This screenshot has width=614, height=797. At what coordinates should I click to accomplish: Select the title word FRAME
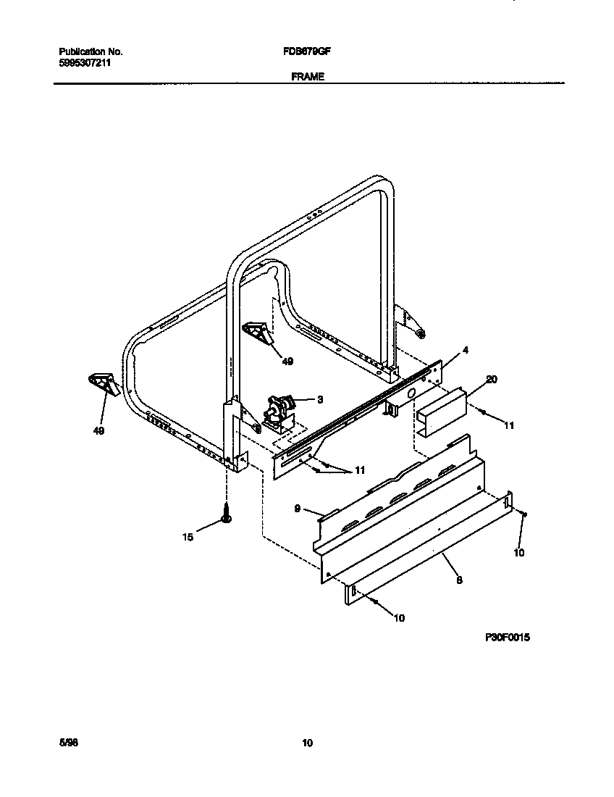308,75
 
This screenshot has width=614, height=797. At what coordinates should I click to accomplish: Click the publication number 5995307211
85,63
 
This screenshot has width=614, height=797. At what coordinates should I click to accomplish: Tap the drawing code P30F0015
508,638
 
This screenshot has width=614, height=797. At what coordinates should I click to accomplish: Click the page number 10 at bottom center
308,743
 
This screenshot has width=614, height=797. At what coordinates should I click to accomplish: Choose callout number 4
466,350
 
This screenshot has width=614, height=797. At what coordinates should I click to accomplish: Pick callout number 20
492,379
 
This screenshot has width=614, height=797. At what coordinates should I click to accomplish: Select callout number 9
297,509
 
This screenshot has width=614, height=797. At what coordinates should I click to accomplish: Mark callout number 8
459,580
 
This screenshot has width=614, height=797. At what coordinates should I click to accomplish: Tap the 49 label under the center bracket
287,361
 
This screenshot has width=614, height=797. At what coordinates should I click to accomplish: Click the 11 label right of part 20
508,426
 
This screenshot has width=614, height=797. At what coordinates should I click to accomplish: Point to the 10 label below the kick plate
399,618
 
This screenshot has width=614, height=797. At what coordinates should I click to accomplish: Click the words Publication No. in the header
91,52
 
